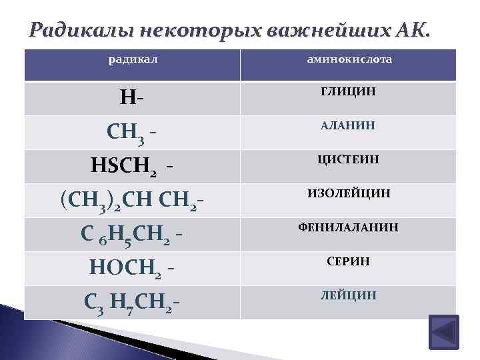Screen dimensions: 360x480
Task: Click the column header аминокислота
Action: [x=349, y=60]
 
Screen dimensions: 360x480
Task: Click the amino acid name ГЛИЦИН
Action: [x=348, y=91]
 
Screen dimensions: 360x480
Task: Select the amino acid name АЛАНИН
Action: [x=348, y=125]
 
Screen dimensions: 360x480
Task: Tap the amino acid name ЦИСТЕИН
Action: [x=348, y=159]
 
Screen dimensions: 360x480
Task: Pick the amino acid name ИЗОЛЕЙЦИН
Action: [x=348, y=193]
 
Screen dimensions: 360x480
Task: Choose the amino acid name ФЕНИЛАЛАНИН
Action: [x=348, y=227]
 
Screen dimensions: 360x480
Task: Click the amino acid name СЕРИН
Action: [x=348, y=261]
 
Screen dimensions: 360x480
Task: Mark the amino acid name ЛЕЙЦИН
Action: [x=348, y=295]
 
